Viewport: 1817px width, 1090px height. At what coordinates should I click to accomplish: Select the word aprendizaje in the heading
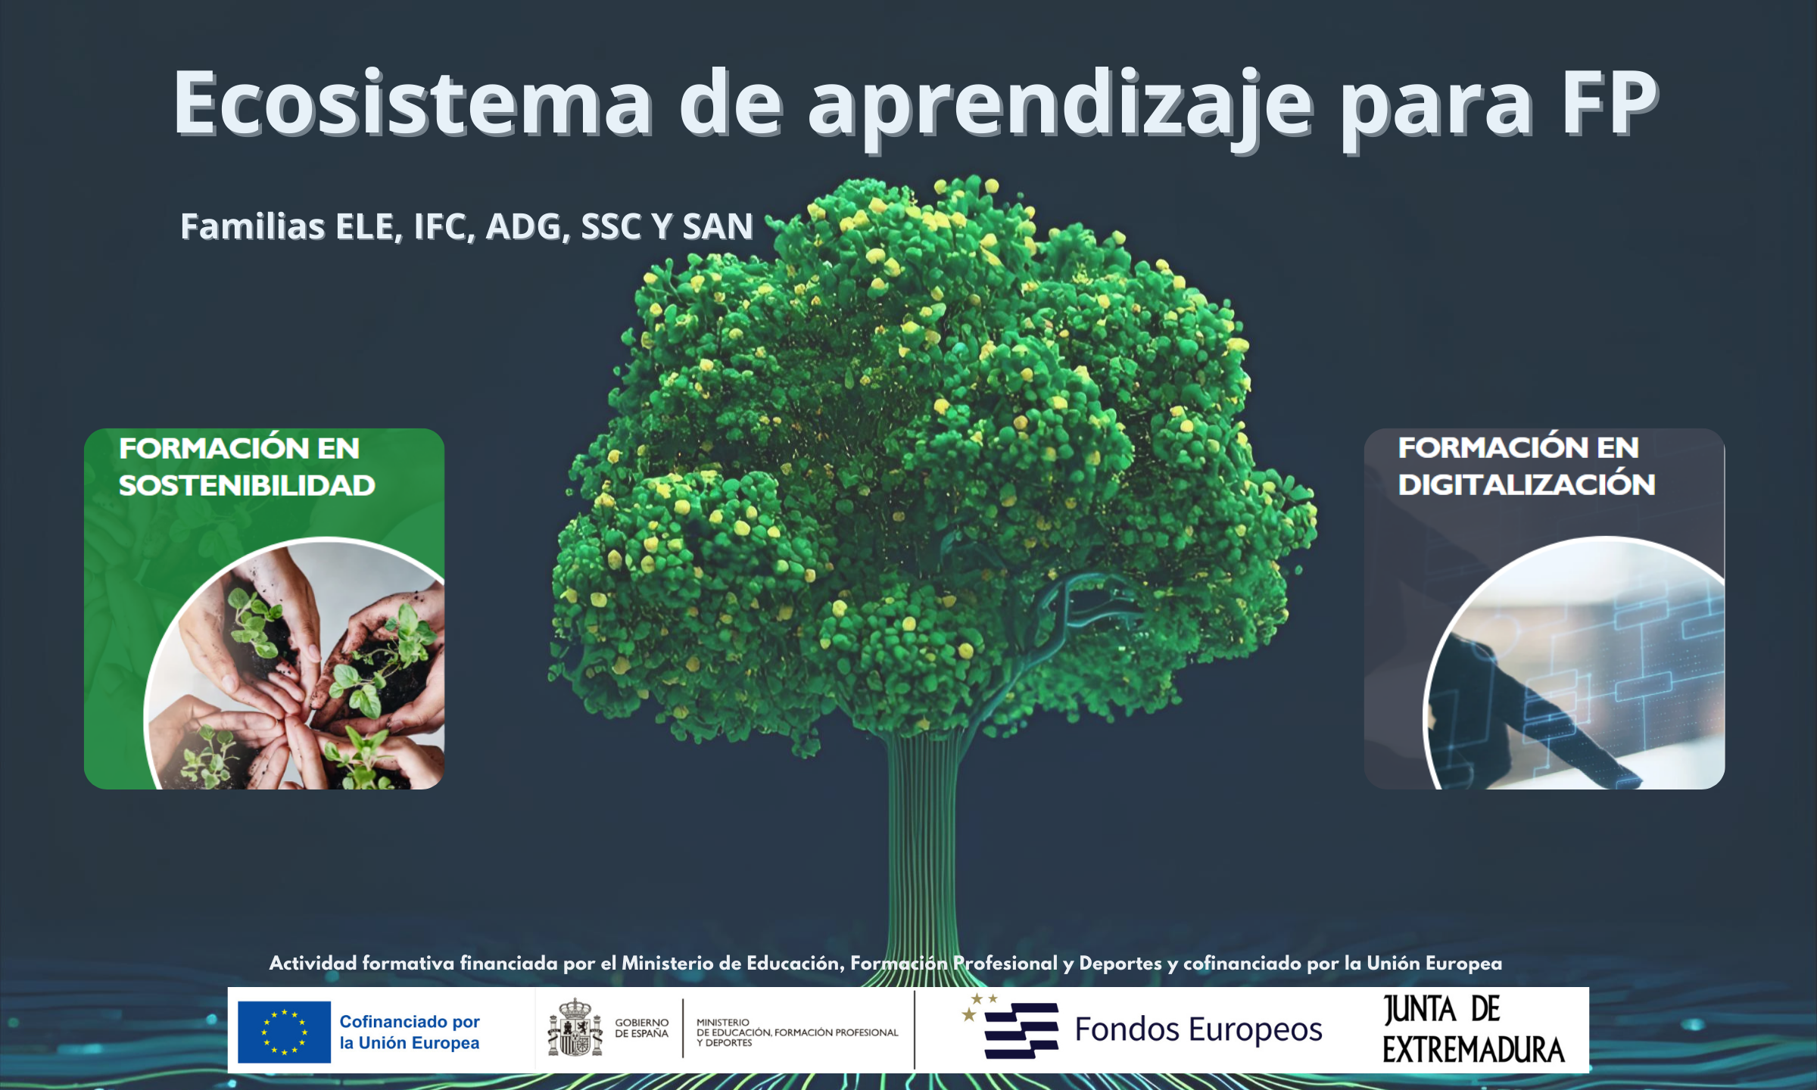point(1061,110)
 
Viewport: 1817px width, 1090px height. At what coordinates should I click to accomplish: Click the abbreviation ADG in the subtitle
point(528,226)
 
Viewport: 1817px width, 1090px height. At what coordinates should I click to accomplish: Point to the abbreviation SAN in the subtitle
point(718,226)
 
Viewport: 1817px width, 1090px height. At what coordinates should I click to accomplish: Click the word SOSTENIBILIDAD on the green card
point(247,485)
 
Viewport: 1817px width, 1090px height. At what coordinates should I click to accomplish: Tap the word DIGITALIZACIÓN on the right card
point(1526,484)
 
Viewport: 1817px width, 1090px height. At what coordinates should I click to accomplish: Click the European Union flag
point(284,1032)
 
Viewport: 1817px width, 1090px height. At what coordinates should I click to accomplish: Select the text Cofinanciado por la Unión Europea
point(410,1032)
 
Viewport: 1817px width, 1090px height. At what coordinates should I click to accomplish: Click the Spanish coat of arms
point(575,1027)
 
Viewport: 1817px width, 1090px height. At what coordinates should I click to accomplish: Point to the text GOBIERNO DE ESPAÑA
point(641,1028)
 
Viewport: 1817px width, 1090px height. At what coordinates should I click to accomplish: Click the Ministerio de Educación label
point(797,1032)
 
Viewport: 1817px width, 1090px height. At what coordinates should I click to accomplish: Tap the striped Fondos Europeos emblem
point(1011,1027)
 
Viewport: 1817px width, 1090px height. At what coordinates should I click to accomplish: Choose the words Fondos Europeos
point(1198,1029)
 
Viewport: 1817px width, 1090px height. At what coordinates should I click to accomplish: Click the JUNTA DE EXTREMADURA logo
point(1473,1029)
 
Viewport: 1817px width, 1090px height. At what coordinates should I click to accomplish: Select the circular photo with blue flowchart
point(1574,663)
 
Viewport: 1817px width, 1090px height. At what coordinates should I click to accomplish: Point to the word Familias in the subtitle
point(253,226)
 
